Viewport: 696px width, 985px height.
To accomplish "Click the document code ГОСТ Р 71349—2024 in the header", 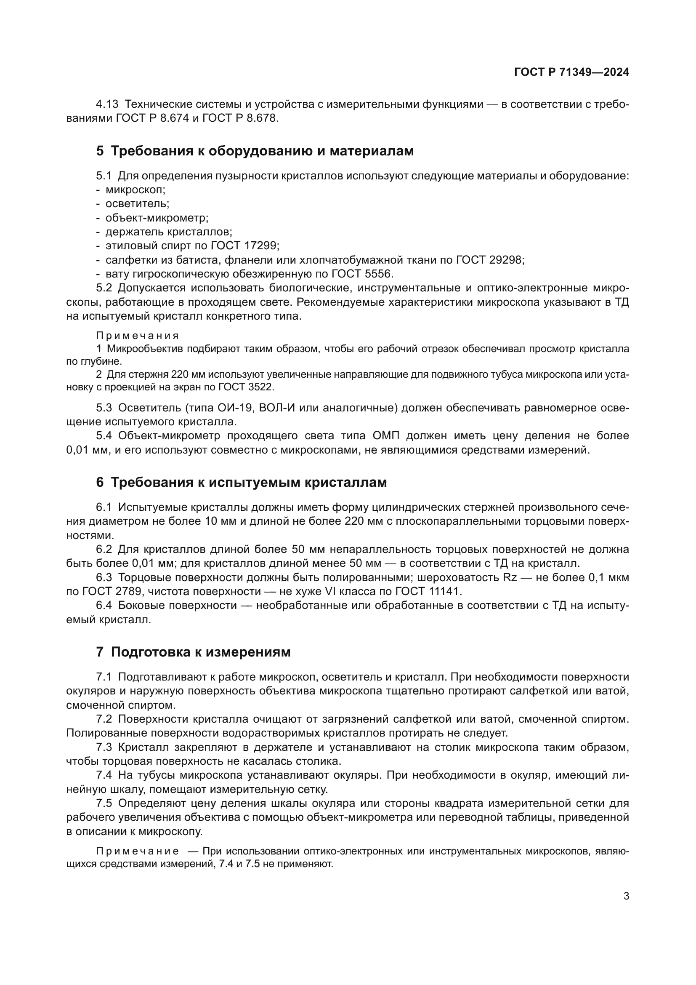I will (571, 72).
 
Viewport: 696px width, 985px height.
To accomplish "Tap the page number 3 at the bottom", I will (626, 896).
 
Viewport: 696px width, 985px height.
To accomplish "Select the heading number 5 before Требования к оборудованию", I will (100, 151).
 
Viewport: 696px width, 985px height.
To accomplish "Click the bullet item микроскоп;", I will (135, 190).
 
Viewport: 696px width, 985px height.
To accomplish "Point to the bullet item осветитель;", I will (137, 204).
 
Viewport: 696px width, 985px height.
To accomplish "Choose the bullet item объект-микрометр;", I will (157, 218).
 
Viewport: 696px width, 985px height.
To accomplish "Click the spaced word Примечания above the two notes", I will (137, 336).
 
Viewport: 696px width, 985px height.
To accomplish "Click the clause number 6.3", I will (104, 577).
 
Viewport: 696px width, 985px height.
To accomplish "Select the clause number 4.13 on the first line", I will (107, 104).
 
